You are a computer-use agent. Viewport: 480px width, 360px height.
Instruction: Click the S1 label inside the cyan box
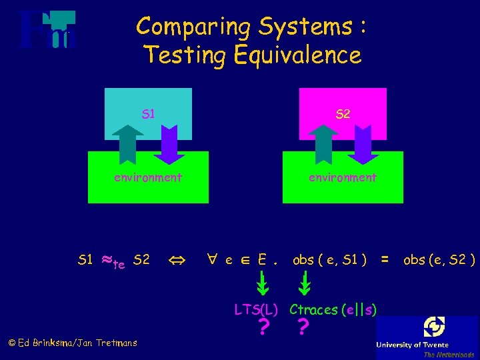[148, 114]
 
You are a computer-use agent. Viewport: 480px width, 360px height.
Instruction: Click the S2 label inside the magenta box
[343, 114]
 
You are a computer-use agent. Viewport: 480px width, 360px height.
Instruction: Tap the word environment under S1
[147, 177]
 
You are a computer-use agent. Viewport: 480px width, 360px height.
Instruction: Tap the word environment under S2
[342, 177]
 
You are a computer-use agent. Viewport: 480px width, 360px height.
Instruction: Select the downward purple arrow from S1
[169, 144]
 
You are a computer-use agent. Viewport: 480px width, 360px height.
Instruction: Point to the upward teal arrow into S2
[323, 144]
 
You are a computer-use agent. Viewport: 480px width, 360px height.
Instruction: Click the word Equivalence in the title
[297, 55]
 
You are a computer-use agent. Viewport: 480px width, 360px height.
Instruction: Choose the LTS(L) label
[256, 309]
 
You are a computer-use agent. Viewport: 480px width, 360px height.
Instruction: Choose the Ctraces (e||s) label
[333, 309]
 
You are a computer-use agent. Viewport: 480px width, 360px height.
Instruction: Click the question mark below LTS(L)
[264, 328]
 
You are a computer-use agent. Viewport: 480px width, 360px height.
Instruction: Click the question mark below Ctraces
[303, 328]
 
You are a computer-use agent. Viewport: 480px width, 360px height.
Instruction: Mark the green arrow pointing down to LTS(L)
[264, 285]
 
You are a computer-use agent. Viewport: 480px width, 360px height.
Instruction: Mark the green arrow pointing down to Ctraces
[304, 285]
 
